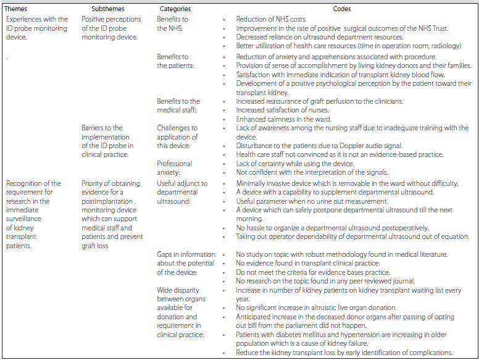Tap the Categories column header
coord(175,9)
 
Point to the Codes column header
coord(343,9)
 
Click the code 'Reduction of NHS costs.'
coord(271,20)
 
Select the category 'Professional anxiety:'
coord(175,168)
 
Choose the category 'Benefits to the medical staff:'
coord(178,106)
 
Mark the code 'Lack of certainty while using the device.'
coord(295,164)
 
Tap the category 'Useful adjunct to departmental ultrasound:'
coord(182,192)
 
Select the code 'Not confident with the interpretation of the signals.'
coord(312,172)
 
